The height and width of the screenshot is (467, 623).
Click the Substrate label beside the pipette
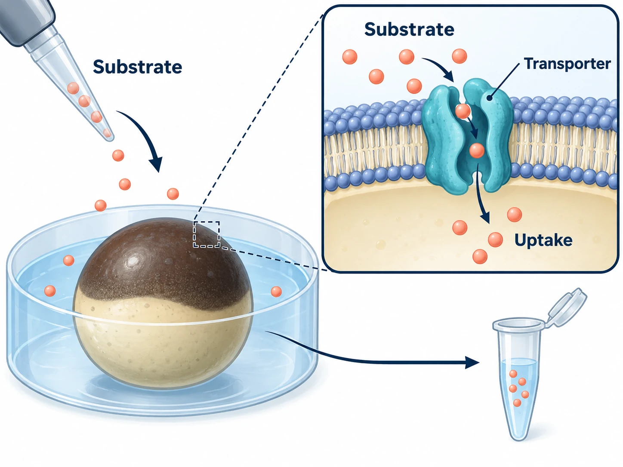click(137, 67)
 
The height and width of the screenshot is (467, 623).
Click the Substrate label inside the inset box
click(409, 29)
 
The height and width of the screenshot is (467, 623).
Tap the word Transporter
click(567, 64)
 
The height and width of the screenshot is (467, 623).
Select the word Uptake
click(543, 240)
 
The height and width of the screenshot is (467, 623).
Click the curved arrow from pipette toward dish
click(145, 133)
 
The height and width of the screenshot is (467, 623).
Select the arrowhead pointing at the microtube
click(472, 363)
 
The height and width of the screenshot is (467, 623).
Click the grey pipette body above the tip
click(27, 21)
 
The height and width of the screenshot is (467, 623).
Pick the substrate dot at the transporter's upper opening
click(463, 111)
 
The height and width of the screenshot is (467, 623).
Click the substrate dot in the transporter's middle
click(477, 150)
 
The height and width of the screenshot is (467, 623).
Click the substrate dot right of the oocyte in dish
click(276, 292)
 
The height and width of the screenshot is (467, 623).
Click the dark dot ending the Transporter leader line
click(489, 98)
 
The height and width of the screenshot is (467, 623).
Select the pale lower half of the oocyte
click(162, 343)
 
